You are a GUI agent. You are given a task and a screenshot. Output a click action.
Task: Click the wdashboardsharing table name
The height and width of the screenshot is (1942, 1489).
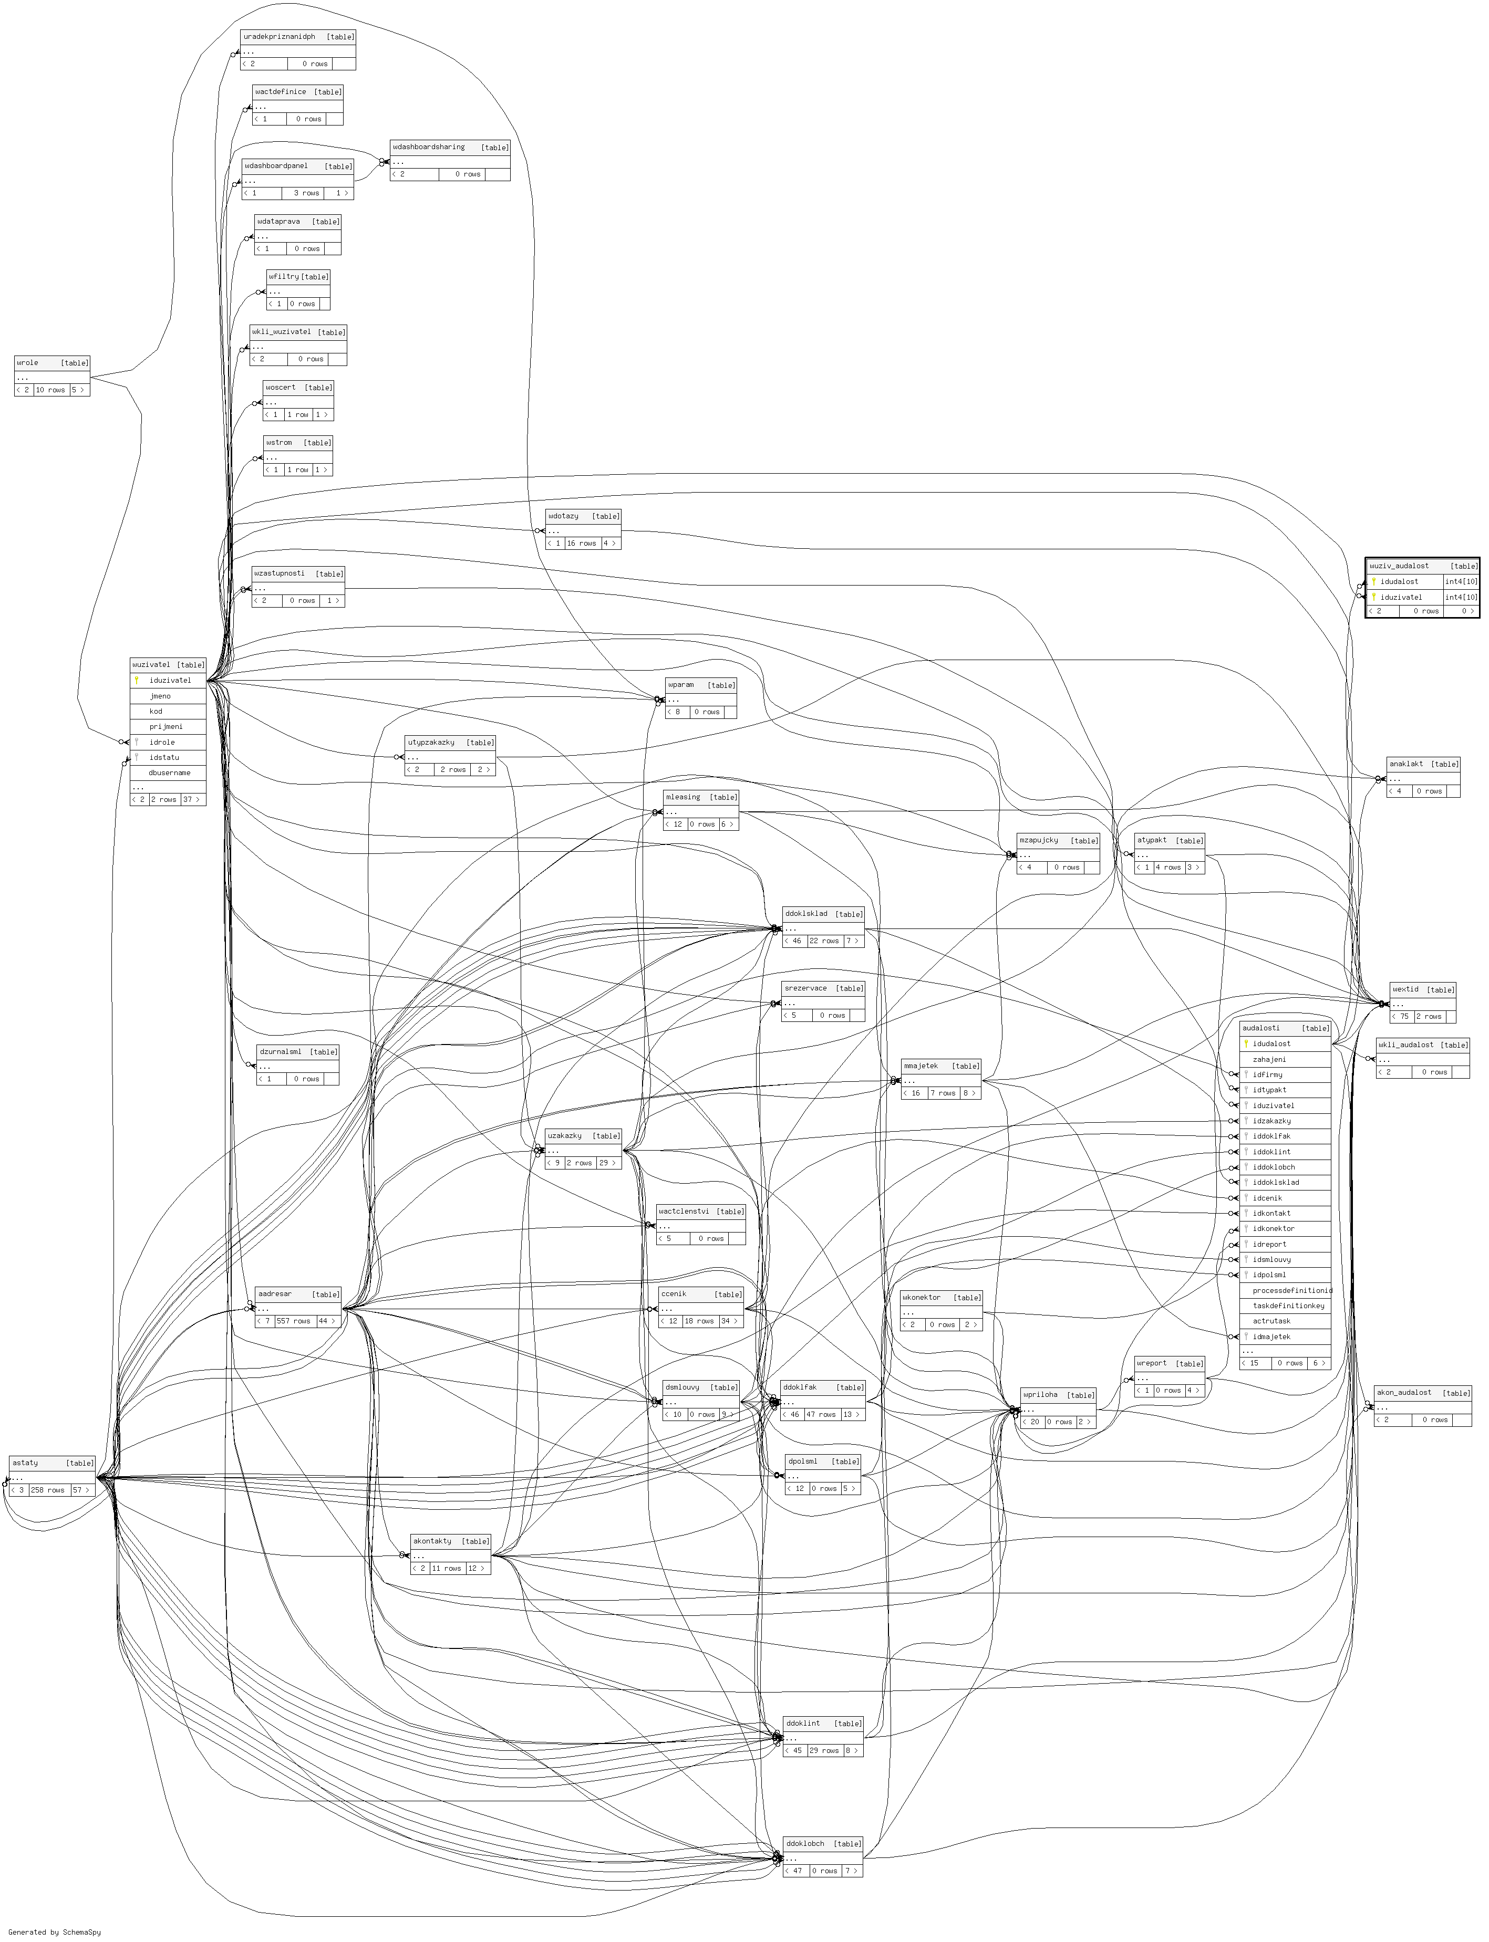pyautogui.click(x=429, y=147)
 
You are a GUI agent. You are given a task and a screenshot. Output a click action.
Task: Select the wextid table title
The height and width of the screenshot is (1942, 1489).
pyautogui.click(x=1405, y=989)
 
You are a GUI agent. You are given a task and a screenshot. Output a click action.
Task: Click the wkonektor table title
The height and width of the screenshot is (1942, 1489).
pyautogui.click(x=922, y=1297)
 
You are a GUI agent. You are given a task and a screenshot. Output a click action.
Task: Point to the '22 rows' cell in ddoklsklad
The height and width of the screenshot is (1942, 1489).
pyautogui.click(x=824, y=941)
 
